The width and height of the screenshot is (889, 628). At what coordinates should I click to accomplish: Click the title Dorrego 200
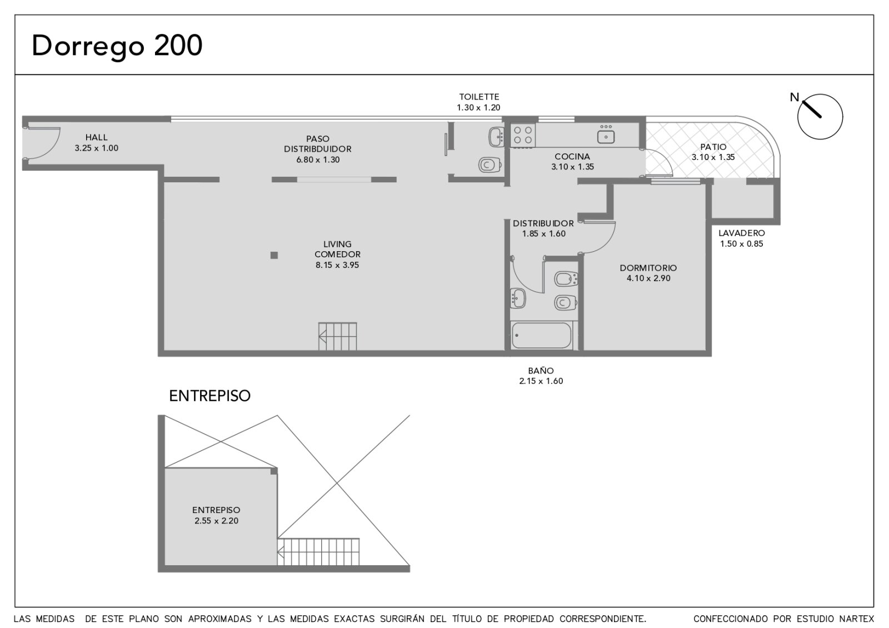pyautogui.click(x=117, y=47)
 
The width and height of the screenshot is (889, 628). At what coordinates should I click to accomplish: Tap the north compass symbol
pyautogui.click(x=819, y=116)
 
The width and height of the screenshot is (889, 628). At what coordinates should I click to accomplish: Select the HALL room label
pyautogui.click(x=97, y=137)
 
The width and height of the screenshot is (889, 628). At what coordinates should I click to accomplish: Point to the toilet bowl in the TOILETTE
pyautogui.click(x=491, y=165)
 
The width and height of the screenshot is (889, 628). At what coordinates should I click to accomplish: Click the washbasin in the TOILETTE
pyautogui.click(x=497, y=137)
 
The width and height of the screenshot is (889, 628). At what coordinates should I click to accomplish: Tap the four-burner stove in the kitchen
pyautogui.click(x=523, y=135)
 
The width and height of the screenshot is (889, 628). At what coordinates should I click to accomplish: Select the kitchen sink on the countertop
pyautogui.click(x=606, y=135)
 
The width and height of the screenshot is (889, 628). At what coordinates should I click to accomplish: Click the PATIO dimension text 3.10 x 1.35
pyautogui.click(x=713, y=157)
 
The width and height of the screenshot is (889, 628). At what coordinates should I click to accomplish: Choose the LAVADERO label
pyautogui.click(x=741, y=233)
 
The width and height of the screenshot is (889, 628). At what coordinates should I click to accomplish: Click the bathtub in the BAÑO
pyautogui.click(x=541, y=336)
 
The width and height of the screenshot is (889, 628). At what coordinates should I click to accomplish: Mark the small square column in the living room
pyautogui.click(x=274, y=255)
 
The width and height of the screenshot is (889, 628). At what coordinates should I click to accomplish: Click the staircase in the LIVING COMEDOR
pyautogui.click(x=337, y=336)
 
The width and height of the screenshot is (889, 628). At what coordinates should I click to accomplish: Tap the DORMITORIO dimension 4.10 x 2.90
pyautogui.click(x=648, y=278)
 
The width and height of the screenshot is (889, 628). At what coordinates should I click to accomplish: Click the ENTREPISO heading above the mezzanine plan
pyautogui.click(x=210, y=396)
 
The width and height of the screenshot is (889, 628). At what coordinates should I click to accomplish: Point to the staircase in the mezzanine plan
pyautogui.click(x=318, y=551)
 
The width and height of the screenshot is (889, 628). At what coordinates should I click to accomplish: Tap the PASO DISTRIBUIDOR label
pyautogui.click(x=317, y=144)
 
